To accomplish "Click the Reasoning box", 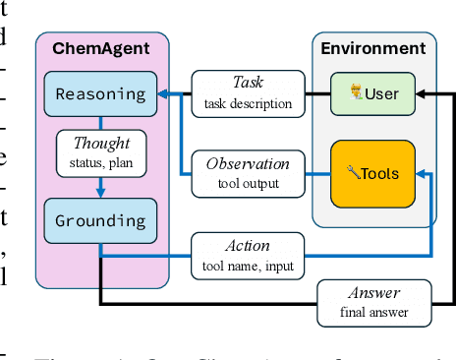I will pos(100,95).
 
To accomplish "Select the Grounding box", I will pos(100,221).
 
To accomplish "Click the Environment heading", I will pos(373,48).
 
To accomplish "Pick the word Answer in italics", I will pos(374,294).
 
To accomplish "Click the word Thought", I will pos(101,144).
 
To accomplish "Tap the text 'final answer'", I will pos(374,313).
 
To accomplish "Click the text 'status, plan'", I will pos(101,161).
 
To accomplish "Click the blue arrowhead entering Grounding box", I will pos(100,194).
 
